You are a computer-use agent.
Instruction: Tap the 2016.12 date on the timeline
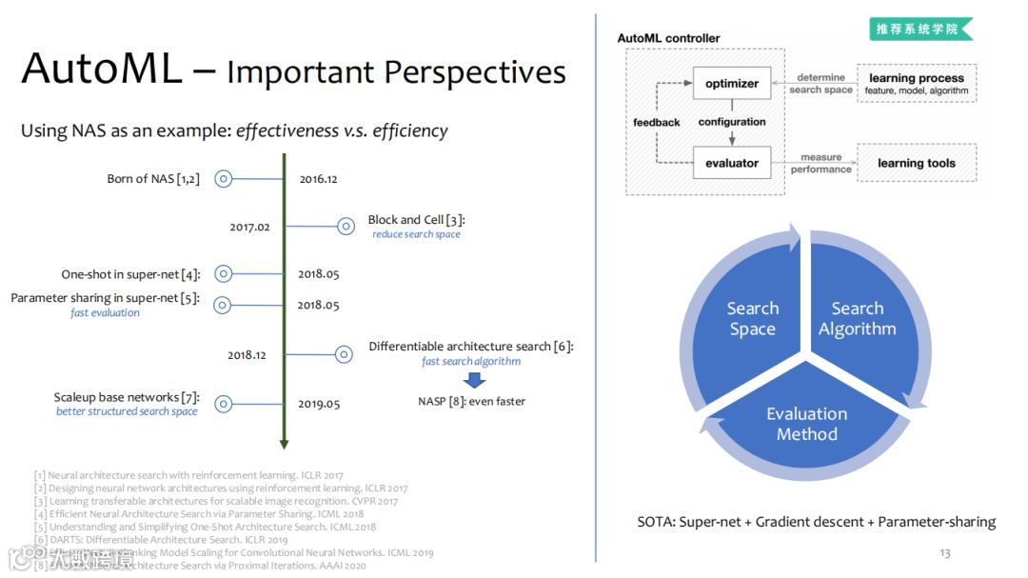318,178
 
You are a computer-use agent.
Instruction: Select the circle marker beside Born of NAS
223,178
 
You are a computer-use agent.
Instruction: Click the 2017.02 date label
249,227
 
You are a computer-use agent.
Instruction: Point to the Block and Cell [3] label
416,220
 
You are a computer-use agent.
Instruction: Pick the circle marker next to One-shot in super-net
223,274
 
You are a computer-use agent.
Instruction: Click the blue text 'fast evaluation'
105,312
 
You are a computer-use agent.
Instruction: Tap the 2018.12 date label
247,354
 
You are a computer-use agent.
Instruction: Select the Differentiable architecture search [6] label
471,347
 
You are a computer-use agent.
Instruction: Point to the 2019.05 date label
318,404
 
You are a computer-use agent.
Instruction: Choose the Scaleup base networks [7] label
127,397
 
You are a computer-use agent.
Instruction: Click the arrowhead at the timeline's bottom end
284,443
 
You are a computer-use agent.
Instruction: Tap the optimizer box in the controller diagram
731,84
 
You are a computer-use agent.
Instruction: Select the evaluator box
731,163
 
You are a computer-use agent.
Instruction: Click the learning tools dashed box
916,163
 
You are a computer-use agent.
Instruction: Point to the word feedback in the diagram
657,123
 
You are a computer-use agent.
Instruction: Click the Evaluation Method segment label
806,424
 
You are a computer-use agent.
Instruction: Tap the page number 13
944,552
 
